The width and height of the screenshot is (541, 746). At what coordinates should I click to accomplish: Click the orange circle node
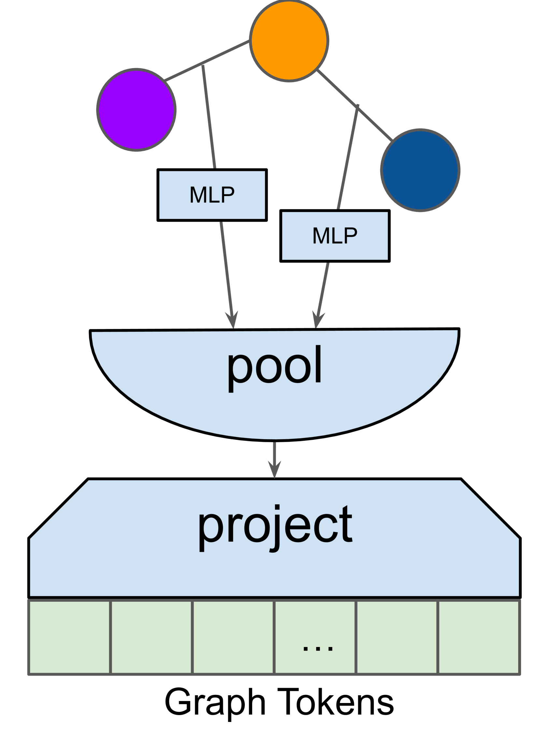pos(289,41)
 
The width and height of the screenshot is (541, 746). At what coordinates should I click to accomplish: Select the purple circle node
pos(136,110)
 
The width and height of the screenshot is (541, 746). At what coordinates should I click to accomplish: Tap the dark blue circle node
pos(420,170)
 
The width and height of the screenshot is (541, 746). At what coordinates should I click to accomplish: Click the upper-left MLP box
pos(212,195)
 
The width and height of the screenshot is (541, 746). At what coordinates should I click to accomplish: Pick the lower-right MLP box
pos(335,235)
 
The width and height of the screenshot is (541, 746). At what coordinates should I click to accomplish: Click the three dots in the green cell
pos(318,648)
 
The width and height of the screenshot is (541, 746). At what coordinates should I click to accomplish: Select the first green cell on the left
pos(69,637)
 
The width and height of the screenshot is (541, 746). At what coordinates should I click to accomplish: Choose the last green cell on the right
pos(478,637)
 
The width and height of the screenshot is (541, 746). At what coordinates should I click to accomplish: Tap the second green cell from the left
pos(151,637)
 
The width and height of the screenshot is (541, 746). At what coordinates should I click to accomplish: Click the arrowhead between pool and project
pos(274,468)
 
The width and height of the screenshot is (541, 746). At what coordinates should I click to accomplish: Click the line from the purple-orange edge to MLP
pos(209,119)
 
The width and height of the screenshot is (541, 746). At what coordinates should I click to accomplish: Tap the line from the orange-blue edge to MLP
pos(348,158)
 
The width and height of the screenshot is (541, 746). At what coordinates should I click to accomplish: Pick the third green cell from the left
pos(233,637)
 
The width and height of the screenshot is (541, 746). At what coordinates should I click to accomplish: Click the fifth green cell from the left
pos(396,637)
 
